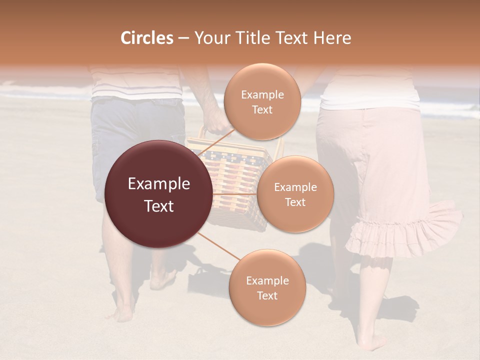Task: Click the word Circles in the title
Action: coord(146,38)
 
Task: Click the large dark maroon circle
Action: coord(159,194)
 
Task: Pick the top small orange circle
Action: coord(262,101)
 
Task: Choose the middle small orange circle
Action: coord(295,194)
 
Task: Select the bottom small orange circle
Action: coord(267,287)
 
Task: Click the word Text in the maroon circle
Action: coord(159,206)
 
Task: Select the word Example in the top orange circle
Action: coord(262,94)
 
